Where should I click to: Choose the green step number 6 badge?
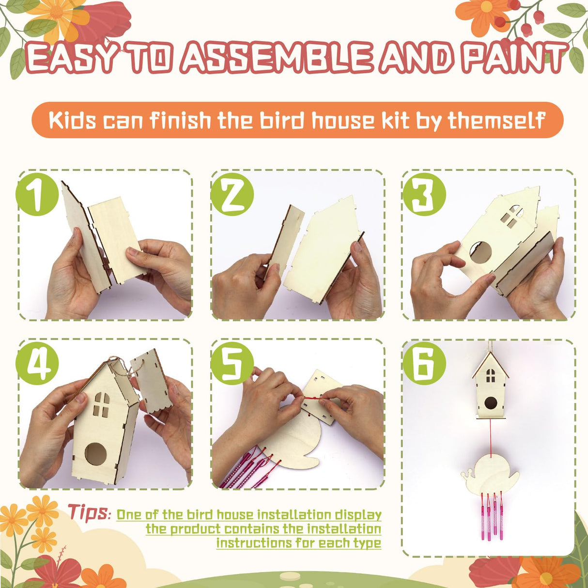coord(424,364)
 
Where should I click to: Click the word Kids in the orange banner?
coord(72,120)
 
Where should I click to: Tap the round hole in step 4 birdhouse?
coord(95,454)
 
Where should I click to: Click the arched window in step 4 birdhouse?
coord(101,404)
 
